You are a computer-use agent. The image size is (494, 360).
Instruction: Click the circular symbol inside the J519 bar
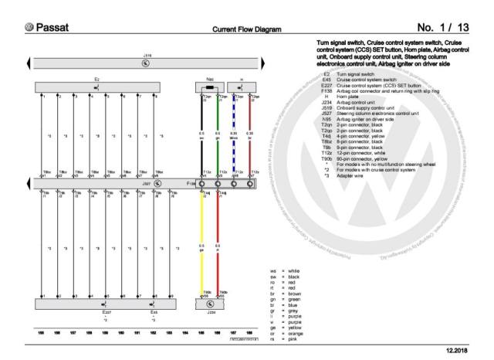(x=147, y=64)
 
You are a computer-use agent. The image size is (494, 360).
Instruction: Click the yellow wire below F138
(x=202, y=247)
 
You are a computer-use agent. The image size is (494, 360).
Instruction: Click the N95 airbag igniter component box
(x=210, y=87)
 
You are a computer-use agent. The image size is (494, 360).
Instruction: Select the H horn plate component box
(x=242, y=87)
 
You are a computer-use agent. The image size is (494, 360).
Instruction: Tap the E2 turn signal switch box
(x=96, y=87)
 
